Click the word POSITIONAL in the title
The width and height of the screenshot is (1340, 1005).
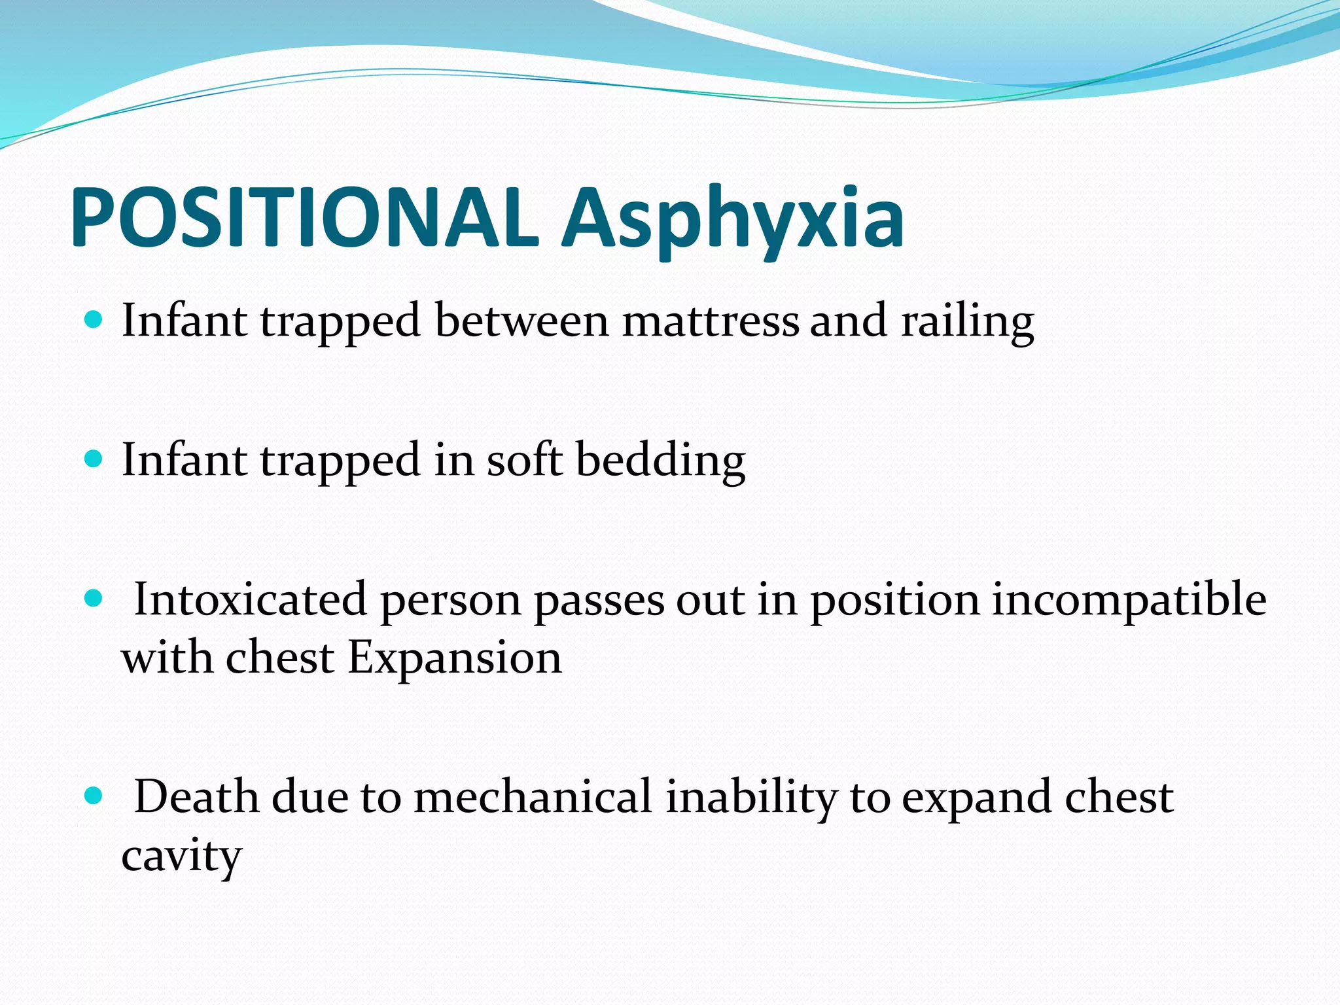[304, 217]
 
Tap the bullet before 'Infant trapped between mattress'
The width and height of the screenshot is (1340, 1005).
[94, 320]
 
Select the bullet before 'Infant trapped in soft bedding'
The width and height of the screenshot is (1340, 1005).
[94, 459]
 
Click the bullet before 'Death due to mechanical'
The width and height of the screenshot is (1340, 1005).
[94, 796]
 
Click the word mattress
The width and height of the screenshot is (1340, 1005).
[711, 321]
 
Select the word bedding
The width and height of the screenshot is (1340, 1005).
[660, 461]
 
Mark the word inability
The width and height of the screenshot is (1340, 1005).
[751, 798]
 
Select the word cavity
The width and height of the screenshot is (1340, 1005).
[181, 857]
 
